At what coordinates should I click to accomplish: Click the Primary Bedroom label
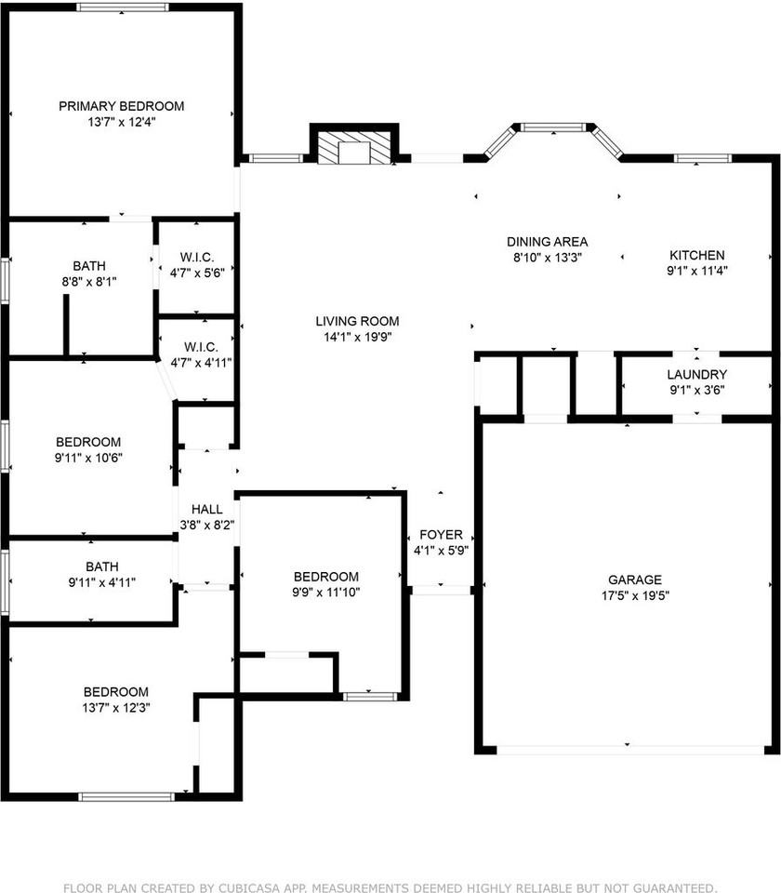pos(121,106)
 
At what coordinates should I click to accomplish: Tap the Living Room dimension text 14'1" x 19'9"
pos(357,337)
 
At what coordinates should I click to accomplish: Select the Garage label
pos(635,580)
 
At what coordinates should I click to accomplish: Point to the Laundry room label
pos(696,374)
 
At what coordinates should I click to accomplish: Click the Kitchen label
pos(696,255)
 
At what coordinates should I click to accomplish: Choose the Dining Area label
pos(547,242)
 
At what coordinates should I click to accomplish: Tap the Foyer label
pos(441,535)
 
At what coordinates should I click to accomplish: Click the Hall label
pos(206,509)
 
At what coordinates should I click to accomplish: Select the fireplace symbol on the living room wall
pos(354,149)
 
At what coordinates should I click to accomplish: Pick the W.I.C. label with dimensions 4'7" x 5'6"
pos(197,257)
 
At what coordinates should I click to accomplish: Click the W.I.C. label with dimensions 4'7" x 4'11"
pos(201,347)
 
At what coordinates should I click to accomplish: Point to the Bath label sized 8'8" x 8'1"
pos(89,266)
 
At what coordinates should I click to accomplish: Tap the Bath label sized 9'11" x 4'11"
pos(102,566)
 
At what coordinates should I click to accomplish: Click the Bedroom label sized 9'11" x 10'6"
pos(88,442)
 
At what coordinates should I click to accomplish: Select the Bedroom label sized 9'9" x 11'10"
pos(326,577)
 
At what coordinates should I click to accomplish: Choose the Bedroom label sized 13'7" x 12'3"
pos(116,692)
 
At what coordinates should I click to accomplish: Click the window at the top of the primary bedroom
pos(123,7)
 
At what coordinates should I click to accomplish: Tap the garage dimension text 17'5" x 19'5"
pos(635,595)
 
